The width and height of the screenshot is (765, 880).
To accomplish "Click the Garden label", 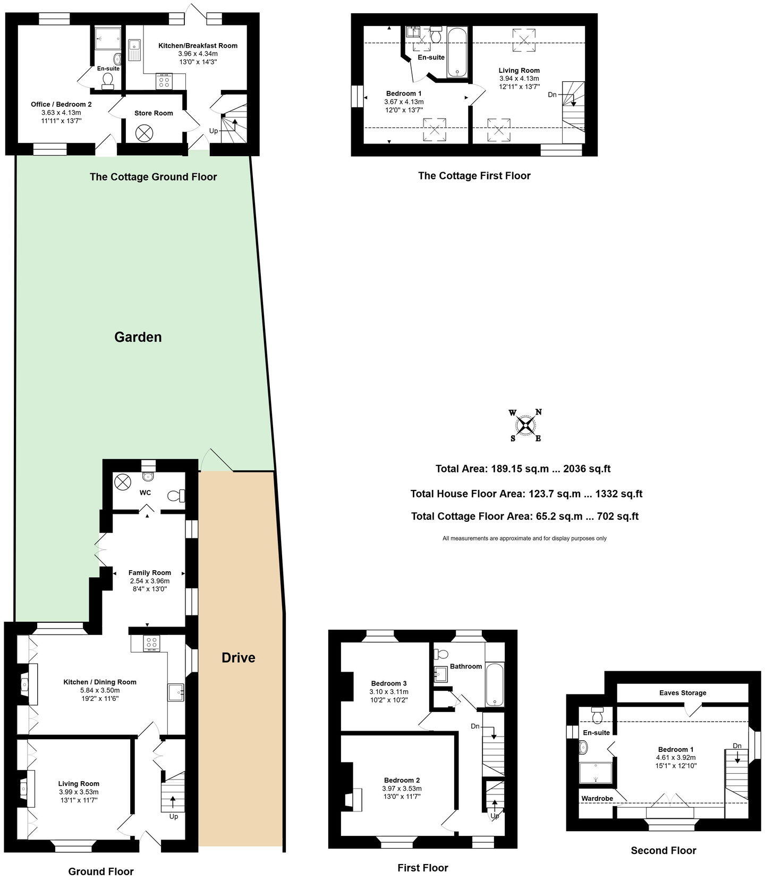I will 138,337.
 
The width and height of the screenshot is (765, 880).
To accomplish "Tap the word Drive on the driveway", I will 238,657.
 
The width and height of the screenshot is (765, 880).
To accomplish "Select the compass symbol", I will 526,425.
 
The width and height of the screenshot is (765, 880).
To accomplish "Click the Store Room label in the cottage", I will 154,113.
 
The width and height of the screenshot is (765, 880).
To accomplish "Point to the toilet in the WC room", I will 175,496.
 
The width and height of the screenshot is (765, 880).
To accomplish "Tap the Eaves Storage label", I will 682,692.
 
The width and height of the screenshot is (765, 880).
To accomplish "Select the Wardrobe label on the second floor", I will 597,798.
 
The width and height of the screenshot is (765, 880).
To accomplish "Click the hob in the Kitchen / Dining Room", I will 152,643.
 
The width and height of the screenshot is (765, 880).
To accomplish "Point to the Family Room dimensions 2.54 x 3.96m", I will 150,581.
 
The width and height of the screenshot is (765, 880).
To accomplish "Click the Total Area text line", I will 523,469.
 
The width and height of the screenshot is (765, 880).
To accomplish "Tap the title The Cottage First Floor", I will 474,175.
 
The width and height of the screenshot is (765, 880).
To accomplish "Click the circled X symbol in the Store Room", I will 144,133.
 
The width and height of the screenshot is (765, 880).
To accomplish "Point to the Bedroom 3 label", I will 389,683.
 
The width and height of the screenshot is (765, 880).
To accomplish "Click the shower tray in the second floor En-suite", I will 595,772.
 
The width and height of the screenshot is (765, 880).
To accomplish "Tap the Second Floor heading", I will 663,850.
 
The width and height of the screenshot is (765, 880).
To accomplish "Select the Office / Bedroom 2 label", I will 61,104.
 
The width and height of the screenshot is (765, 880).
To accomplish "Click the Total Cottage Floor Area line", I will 524,516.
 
